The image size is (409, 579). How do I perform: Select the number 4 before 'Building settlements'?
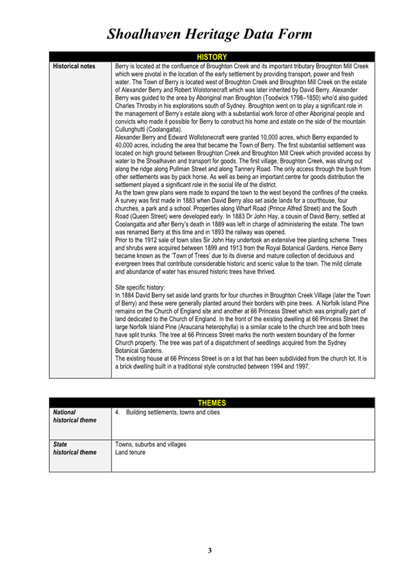[x=117, y=412]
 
